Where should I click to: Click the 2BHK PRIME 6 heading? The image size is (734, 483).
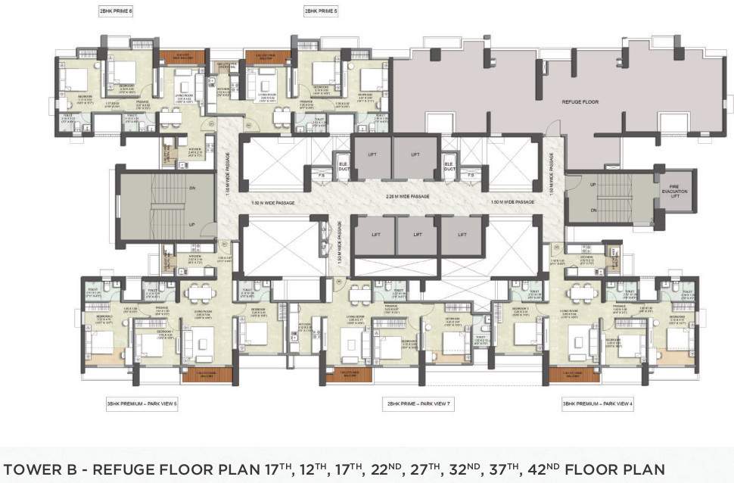click(116, 12)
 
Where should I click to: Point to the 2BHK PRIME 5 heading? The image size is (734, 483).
click(321, 12)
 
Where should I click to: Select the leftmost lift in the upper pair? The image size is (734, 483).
click(372, 157)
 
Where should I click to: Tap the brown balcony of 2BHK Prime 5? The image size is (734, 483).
click(266, 58)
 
